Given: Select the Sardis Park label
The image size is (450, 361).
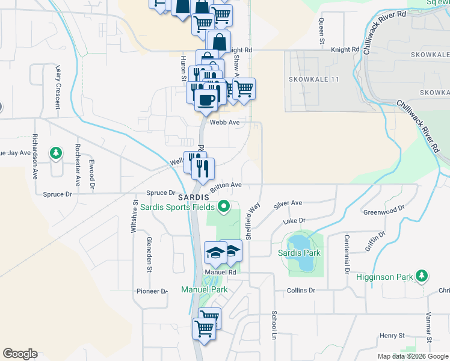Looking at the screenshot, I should (x=299, y=253).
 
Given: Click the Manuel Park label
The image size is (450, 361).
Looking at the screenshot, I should (x=205, y=289).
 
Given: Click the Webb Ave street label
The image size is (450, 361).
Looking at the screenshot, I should (x=224, y=122).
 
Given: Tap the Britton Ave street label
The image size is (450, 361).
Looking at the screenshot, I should (x=226, y=185).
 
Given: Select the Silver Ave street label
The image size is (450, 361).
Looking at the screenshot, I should (x=288, y=204).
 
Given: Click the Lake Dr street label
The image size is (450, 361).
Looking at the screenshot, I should (x=294, y=221).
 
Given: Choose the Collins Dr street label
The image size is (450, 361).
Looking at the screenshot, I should (x=301, y=291).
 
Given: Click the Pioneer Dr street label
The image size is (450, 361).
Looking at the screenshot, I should (x=151, y=291).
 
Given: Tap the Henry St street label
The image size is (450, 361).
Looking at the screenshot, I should (x=392, y=335).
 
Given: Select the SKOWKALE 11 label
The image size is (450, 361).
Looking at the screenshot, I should (x=313, y=79).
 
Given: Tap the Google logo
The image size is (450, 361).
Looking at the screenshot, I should (x=20, y=354).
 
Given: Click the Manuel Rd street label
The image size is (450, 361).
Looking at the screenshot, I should (x=220, y=272).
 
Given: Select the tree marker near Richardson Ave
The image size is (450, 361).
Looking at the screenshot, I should (x=55, y=153).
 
